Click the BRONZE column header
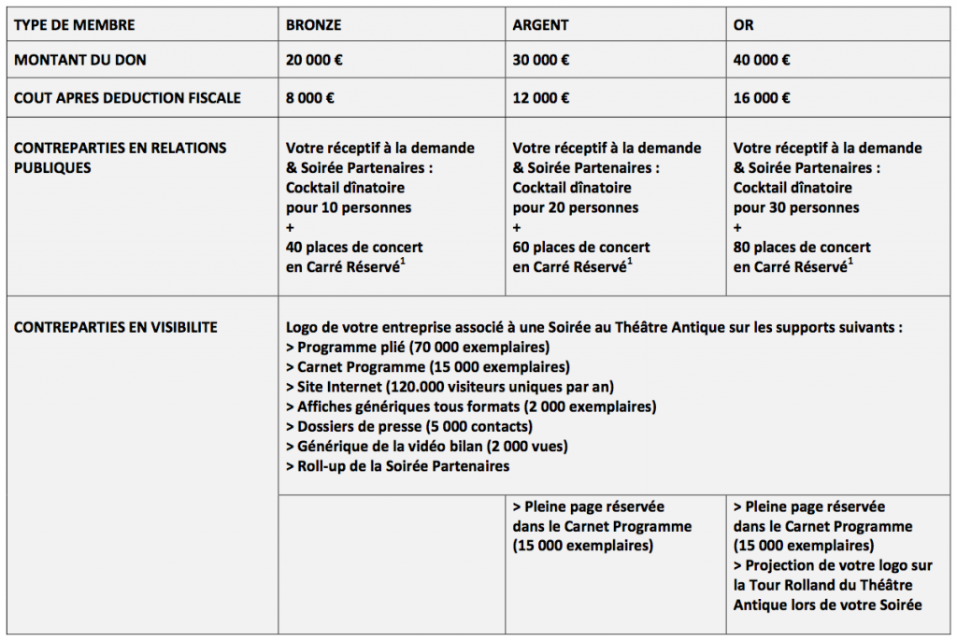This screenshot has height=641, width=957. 313,25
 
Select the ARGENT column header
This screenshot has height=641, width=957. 540,25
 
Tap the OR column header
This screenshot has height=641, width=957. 744,25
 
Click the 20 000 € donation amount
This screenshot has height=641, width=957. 314,61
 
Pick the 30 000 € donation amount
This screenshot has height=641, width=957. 541,61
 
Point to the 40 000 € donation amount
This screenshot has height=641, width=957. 762,61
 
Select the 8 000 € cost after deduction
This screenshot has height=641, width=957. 310,97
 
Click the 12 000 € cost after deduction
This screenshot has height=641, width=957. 541,97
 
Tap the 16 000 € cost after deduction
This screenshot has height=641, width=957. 762,97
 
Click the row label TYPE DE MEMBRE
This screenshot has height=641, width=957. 74,25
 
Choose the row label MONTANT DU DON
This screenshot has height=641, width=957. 79,61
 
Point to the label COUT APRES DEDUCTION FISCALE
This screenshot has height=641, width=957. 127,97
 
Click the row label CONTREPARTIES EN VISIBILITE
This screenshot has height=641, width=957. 115,327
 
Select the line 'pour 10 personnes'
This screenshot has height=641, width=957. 349,207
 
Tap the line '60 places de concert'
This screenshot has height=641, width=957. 581,248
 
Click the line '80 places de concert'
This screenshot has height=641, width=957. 802,248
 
